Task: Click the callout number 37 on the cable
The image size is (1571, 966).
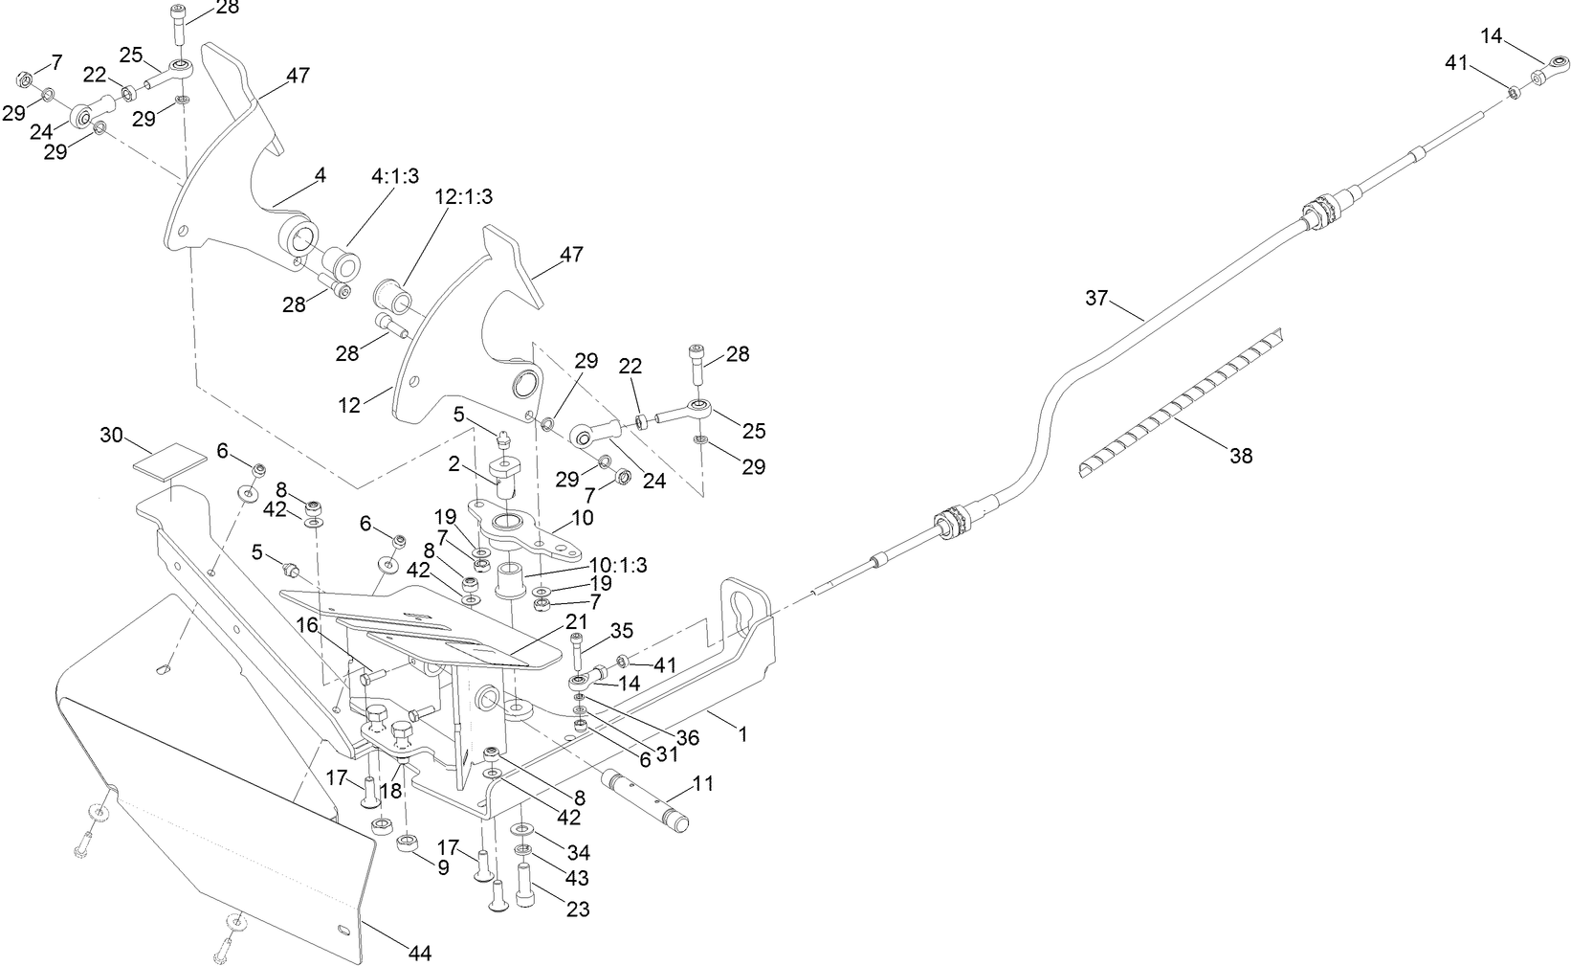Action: [x=1095, y=298]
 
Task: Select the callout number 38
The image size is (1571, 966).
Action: [x=1240, y=457]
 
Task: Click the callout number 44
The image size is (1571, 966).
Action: [x=419, y=953]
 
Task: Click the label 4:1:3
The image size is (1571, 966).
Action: [x=395, y=176]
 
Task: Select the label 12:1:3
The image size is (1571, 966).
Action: [x=464, y=196]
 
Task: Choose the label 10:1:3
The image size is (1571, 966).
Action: [x=618, y=565]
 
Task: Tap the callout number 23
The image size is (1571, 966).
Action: [x=578, y=909]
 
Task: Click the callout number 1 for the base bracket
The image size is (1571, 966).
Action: [x=742, y=734]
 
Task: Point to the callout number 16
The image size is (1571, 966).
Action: [x=306, y=625]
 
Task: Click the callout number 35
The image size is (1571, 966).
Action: [x=622, y=630]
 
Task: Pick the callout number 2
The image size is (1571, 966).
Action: [x=455, y=465]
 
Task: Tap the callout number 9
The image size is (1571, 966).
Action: [x=442, y=868]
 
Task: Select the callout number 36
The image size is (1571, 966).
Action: [x=688, y=738]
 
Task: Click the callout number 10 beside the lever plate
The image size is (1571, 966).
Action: [x=583, y=518]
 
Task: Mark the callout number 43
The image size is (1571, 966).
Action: [x=577, y=878]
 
